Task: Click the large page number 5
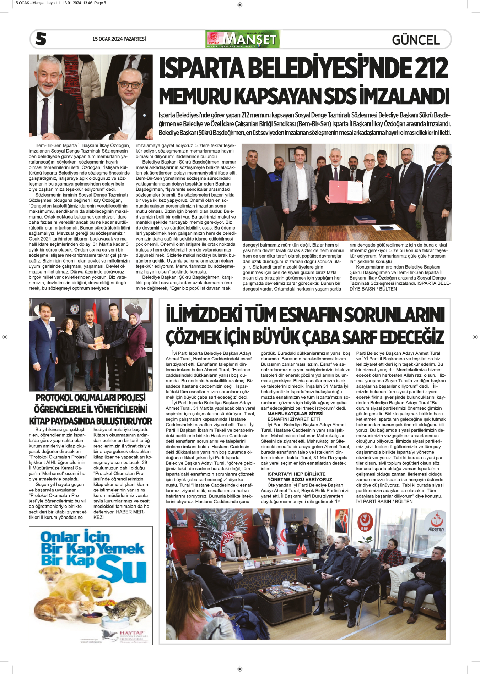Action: pos(41,39)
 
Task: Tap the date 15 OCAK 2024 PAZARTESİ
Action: pos(119,39)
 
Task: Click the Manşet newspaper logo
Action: pos(243,39)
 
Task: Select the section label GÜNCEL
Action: pos(416,40)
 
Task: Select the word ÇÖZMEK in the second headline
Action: pos(194,337)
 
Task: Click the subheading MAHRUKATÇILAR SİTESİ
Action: pos(295,414)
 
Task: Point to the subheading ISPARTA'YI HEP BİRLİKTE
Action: pos(296,474)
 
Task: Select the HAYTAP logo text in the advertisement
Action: pos(131,632)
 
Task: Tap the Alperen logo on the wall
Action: pos(436,524)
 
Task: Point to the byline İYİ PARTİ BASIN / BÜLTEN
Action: pos(384,502)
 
